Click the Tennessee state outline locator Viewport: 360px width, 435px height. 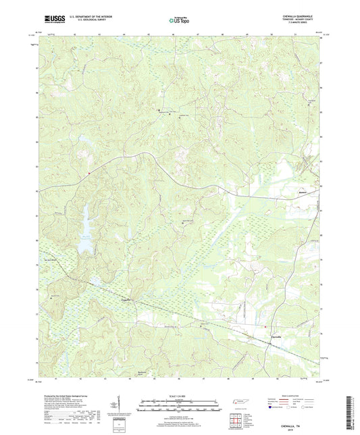239,402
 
